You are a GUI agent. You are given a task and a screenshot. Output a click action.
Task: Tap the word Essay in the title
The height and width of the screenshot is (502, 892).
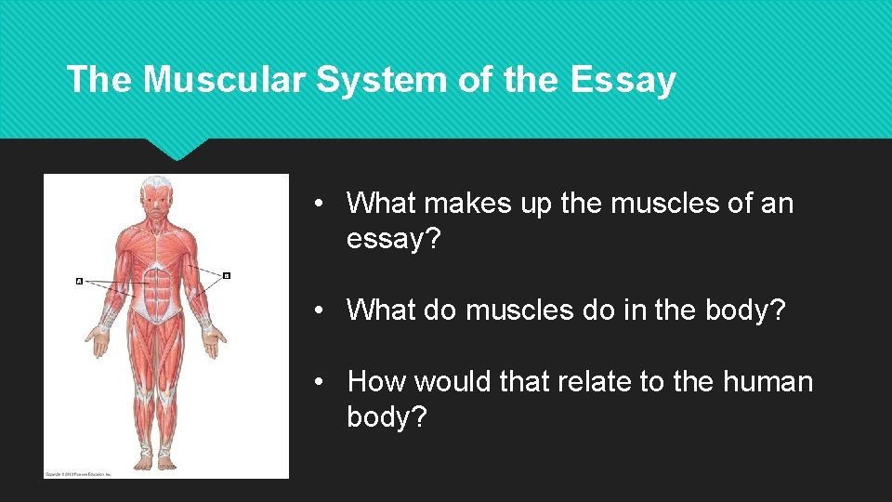coord(623,82)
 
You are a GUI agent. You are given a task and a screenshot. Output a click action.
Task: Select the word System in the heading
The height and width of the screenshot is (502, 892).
coord(382,82)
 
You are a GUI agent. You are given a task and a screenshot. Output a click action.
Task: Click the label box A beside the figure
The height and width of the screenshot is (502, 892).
coord(79,280)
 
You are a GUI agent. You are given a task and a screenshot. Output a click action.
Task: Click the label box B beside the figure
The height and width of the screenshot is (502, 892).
coord(226,275)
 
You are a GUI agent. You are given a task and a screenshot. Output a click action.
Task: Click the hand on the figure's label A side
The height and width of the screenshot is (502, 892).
coord(98,342)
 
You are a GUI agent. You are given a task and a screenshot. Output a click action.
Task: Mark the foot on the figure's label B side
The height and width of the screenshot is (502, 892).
coord(167,459)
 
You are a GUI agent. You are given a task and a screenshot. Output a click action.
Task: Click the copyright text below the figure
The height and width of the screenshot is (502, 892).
coord(78,474)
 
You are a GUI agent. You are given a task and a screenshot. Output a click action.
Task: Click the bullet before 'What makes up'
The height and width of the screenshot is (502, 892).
coord(319,204)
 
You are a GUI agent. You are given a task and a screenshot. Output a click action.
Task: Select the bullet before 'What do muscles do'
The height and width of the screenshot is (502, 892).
coord(319,310)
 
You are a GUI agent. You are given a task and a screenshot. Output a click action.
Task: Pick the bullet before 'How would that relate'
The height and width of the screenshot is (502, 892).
coord(319,382)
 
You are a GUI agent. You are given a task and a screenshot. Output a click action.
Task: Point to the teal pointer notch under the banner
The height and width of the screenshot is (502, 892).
coord(177,149)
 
